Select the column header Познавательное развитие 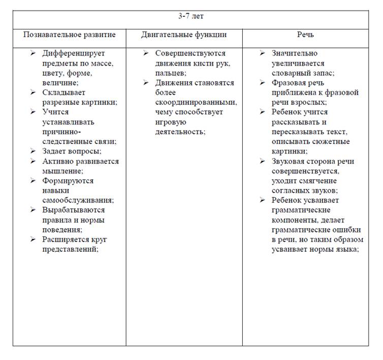(x=70, y=35)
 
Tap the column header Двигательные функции (x=184, y=35)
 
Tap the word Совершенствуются (x=190, y=53)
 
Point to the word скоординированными (x=196, y=102)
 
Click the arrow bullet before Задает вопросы (x=33, y=151)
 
